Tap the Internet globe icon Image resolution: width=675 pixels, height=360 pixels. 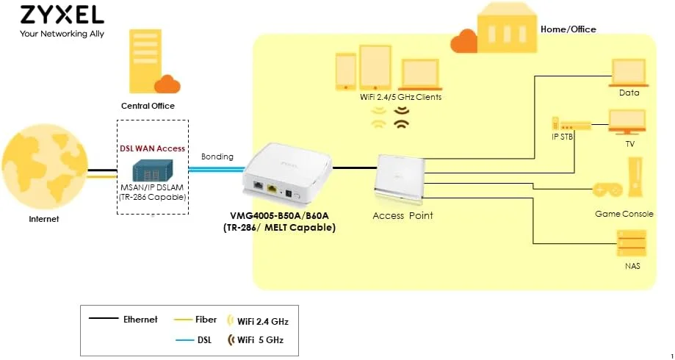(45, 173)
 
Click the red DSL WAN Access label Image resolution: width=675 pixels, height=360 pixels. (152, 148)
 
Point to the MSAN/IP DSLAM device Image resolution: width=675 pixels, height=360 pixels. (152, 172)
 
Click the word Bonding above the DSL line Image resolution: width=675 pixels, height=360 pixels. (217, 156)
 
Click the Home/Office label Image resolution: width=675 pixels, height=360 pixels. (568, 29)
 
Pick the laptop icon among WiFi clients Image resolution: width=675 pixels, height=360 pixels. (420, 73)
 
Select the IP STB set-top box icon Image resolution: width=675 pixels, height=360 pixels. (571, 126)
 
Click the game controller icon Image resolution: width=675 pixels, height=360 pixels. (607, 190)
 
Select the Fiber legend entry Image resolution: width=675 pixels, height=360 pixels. (196, 320)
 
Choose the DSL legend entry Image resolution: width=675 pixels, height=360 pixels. (196, 340)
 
